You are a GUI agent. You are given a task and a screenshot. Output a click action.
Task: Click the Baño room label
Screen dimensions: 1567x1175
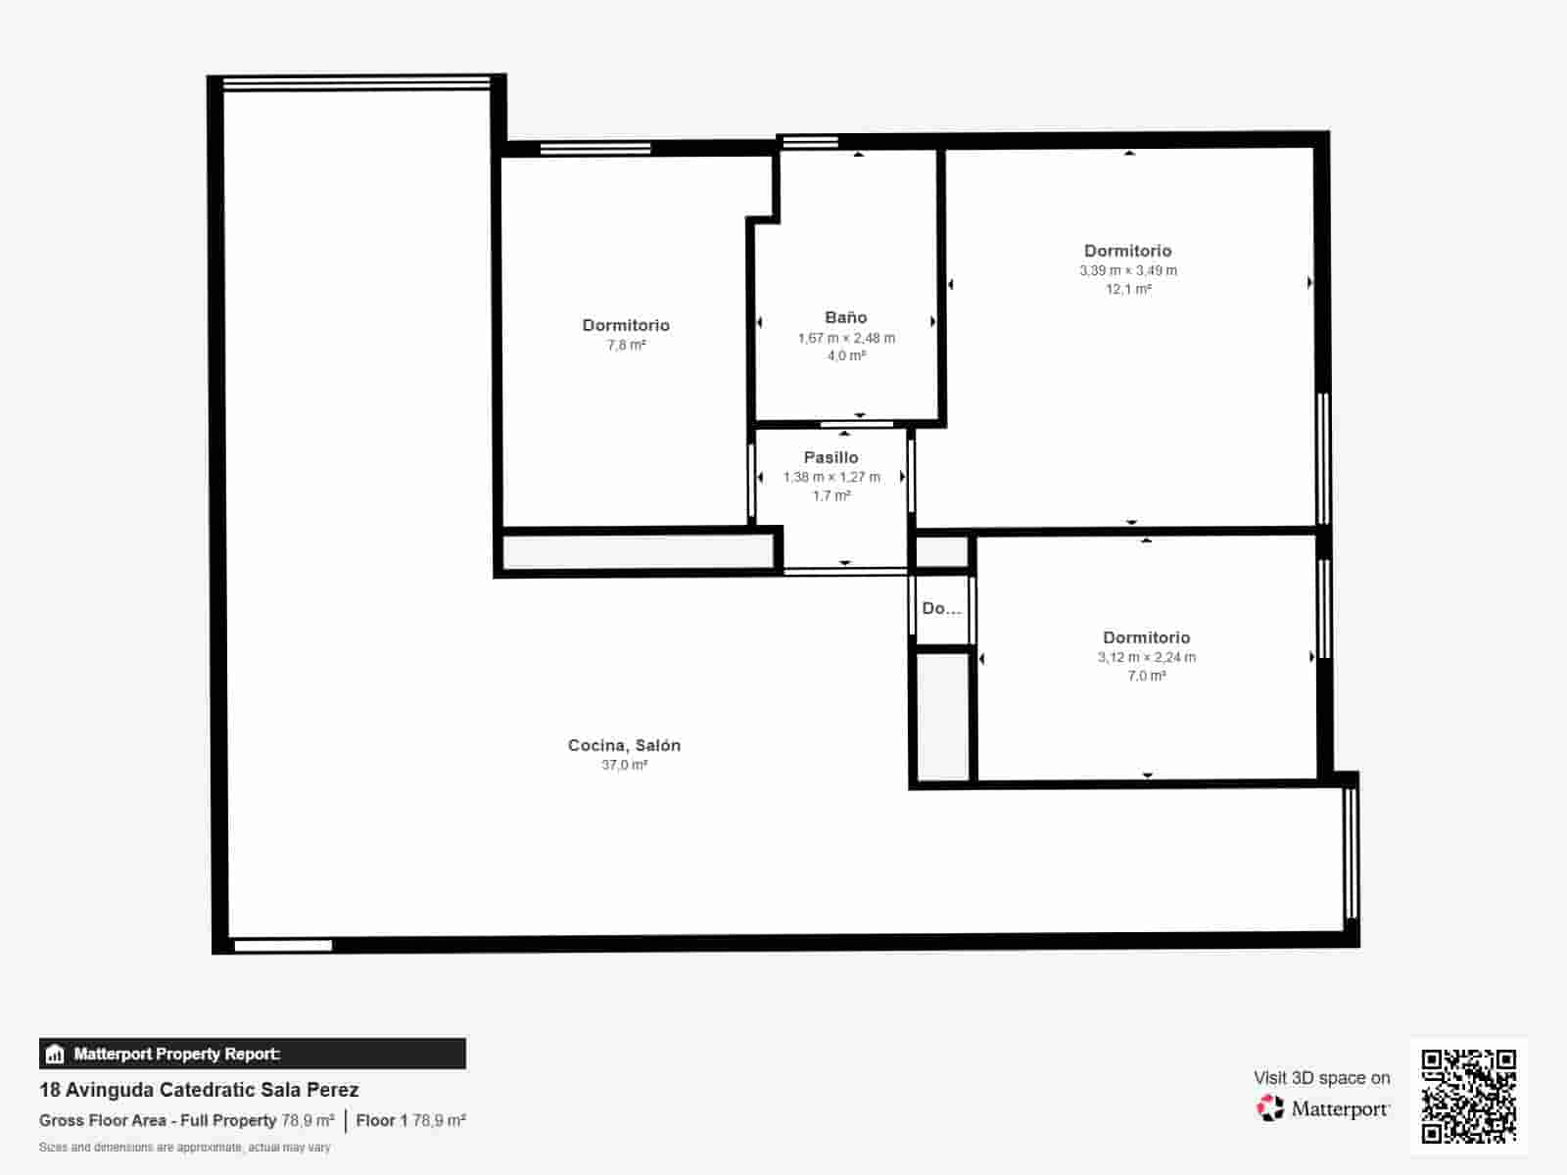click(x=846, y=317)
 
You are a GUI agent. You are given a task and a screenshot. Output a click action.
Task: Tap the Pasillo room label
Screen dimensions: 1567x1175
click(x=831, y=457)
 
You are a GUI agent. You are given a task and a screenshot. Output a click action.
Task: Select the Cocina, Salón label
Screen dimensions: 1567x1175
click(x=624, y=745)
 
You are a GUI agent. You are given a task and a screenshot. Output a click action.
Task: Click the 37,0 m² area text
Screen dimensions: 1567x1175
click(x=624, y=765)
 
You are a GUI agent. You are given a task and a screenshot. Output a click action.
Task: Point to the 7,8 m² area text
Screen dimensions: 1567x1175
click(x=626, y=346)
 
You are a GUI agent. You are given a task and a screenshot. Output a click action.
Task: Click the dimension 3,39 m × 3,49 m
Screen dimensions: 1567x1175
click(x=1128, y=270)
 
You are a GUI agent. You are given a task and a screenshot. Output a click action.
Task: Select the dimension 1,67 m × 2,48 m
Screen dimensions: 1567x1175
click(x=846, y=338)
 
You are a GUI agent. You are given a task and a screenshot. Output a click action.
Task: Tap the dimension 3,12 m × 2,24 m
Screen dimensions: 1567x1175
click(x=1147, y=657)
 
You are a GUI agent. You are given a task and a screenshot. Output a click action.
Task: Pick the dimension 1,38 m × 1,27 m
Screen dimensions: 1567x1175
click(x=831, y=477)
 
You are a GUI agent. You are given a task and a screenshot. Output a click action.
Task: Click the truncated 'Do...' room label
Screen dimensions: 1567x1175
click(x=941, y=608)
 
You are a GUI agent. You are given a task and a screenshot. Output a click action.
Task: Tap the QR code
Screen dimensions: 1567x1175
click(x=1468, y=1096)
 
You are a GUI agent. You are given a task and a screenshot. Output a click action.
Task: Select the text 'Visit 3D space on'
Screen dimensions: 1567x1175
click(x=1322, y=1078)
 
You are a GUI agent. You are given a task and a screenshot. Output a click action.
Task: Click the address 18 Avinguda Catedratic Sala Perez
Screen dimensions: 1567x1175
click(x=199, y=1090)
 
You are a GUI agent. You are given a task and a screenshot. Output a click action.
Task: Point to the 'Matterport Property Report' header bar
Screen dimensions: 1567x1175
click(x=253, y=1054)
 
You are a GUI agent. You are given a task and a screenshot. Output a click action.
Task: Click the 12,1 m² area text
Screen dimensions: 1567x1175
click(x=1128, y=289)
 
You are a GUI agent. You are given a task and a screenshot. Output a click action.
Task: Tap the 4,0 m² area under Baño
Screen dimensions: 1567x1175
click(x=846, y=355)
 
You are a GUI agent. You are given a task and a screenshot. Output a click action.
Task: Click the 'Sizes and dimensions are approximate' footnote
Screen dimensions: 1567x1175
click(x=185, y=1148)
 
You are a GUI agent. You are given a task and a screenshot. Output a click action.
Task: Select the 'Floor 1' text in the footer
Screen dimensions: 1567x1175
click(x=382, y=1121)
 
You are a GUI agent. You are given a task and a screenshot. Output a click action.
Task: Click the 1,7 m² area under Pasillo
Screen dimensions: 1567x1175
click(x=831, y=495)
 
